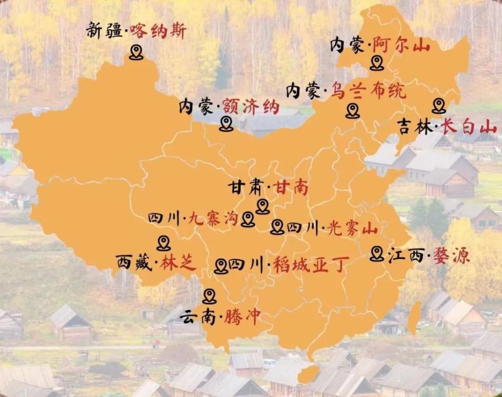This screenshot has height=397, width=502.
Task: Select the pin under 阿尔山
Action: coord(376,63)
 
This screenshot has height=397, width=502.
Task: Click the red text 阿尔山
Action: coord(401,46)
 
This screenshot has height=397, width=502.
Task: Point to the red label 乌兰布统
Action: coord(368,92)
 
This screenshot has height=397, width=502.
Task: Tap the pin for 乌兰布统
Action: coord(352,110)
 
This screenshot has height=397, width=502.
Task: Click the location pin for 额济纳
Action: coord(226,124)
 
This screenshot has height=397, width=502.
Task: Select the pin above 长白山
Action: coord(439,106)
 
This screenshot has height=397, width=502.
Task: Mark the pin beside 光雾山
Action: coord(277,226)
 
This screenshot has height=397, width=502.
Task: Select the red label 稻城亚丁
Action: coord(309,265)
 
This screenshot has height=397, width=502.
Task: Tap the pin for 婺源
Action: coord(376,254)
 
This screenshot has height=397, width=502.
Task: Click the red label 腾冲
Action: coord(242,317)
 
